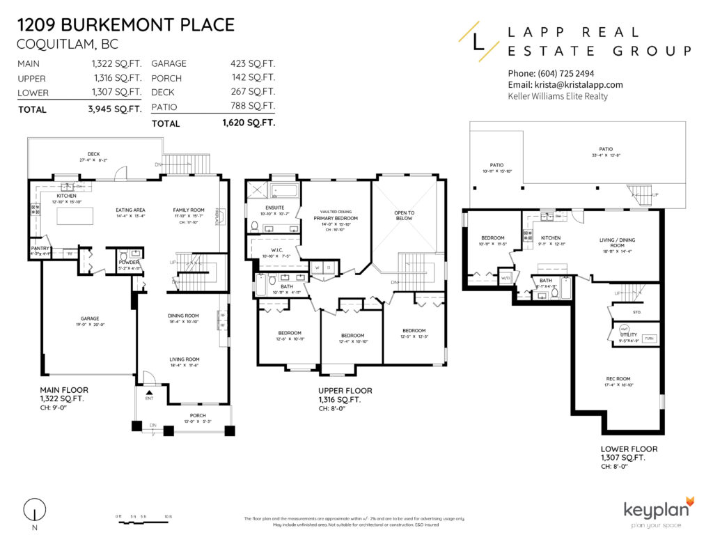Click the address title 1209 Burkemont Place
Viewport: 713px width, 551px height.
(x=125, y=26)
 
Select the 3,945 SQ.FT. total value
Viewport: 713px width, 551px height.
(x=120, y=109)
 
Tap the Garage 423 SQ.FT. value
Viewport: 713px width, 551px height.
(x=253, y=63)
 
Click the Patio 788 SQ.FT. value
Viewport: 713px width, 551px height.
(x=253, y=107)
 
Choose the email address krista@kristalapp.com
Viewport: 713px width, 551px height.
(x=565, y=84)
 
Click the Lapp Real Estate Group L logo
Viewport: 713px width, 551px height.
(x=477, y=41)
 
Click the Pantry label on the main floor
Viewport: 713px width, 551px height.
(x=38, y=248)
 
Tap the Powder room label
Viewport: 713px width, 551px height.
(x=129, y=263)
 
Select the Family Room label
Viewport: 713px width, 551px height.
(x=189, y=210)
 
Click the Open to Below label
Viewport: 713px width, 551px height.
(x=404, y=215)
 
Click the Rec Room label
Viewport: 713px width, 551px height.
(x=618, y=379)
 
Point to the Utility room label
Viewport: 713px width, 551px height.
(x=629, y=335)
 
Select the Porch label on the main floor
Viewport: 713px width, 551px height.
(x=198, y=416)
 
